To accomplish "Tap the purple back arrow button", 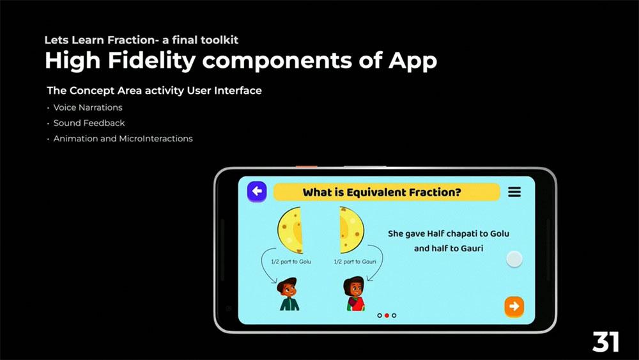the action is (x=257, y=191).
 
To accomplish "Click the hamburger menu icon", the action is (x=514, y=192).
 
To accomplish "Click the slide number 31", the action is (x=606, y=341).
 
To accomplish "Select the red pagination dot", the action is (x=387, y=316).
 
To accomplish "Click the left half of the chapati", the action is (x=291, y=230).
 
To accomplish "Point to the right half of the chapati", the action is (x=351, y=230).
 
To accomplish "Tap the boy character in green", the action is (x=289, y=294).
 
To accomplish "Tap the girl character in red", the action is (x=354, y=293).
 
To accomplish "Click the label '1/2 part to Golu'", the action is (x=291, y=262).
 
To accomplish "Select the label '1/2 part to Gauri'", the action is (x=355, y=262).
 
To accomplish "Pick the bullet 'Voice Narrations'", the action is (x=88, y=107).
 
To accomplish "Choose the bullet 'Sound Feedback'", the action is (x=89, y=123).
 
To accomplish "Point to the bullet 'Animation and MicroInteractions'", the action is (x=123, y=139).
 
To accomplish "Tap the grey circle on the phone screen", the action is (x=514, y=259).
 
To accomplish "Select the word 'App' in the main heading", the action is (x=412, y=61).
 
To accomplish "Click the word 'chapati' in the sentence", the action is (x=463, y=234).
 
